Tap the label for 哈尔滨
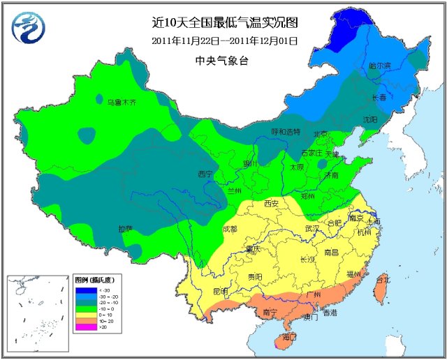pos(380,66)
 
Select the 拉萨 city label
pos(126,228)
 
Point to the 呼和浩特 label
pos(285,131)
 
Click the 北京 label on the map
pos(321,134)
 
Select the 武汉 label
pos(312,228)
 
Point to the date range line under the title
pos(224,40)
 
